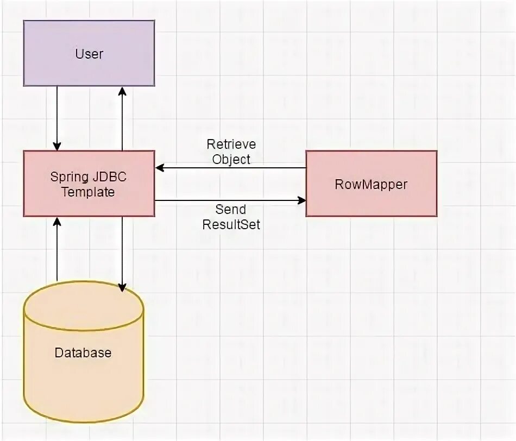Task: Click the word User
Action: (x=89, y=54)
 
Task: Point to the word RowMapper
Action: (x=372, y=185)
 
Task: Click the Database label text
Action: (x=83, y=352)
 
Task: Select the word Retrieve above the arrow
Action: (x=231, y=145)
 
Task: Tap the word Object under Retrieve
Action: (x=231, y=159)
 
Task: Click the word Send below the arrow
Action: (x=231, y=209)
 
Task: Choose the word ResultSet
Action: (x=231, y=223)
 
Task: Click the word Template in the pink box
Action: (x=88, y=192)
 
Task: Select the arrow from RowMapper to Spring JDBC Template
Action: (x=230, y=168)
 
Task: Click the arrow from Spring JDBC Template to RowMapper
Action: (x=230, y=201)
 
